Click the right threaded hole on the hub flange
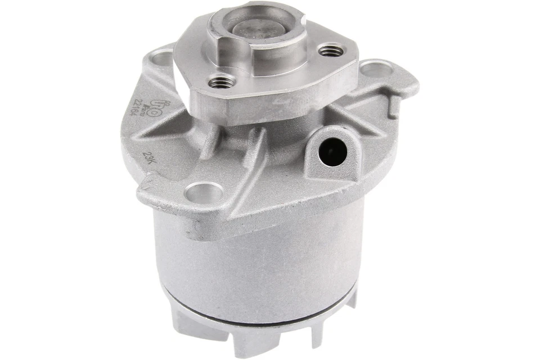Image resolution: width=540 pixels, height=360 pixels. [x=331, y=51]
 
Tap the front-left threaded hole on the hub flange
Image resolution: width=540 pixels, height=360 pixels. [x=220, y=83]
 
